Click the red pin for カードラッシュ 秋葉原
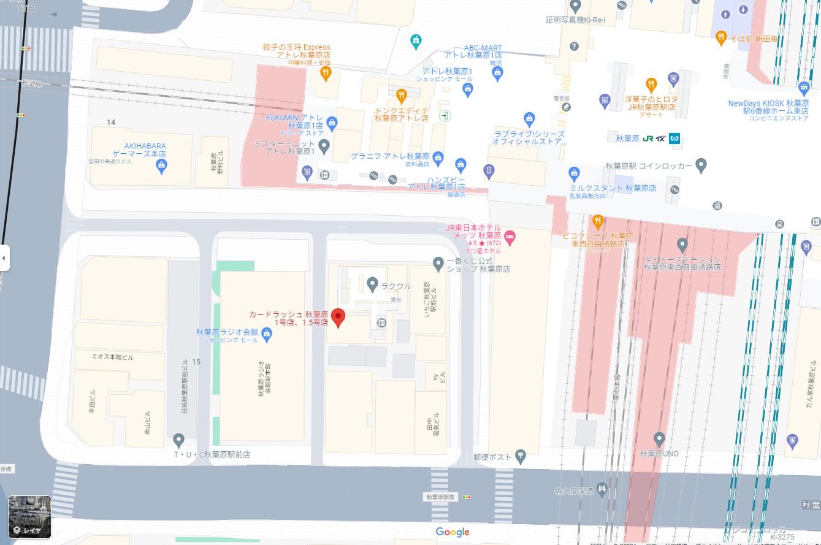pos(338,318)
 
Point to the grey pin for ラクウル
pos(372,284)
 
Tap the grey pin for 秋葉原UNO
pos(659,439)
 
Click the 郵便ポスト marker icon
pos(520,455)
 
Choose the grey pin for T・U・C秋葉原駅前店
pos(178,440)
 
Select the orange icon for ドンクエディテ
pos(401,95)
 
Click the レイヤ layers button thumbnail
pos(29,517)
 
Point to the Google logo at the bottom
pos(453,532)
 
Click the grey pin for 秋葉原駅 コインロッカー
pos(701,166)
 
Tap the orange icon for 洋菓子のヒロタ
pos(651,85)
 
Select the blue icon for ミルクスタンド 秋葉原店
pos(574,173)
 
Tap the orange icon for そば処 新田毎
pos(721,38)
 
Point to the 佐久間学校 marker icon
pos(601,489)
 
